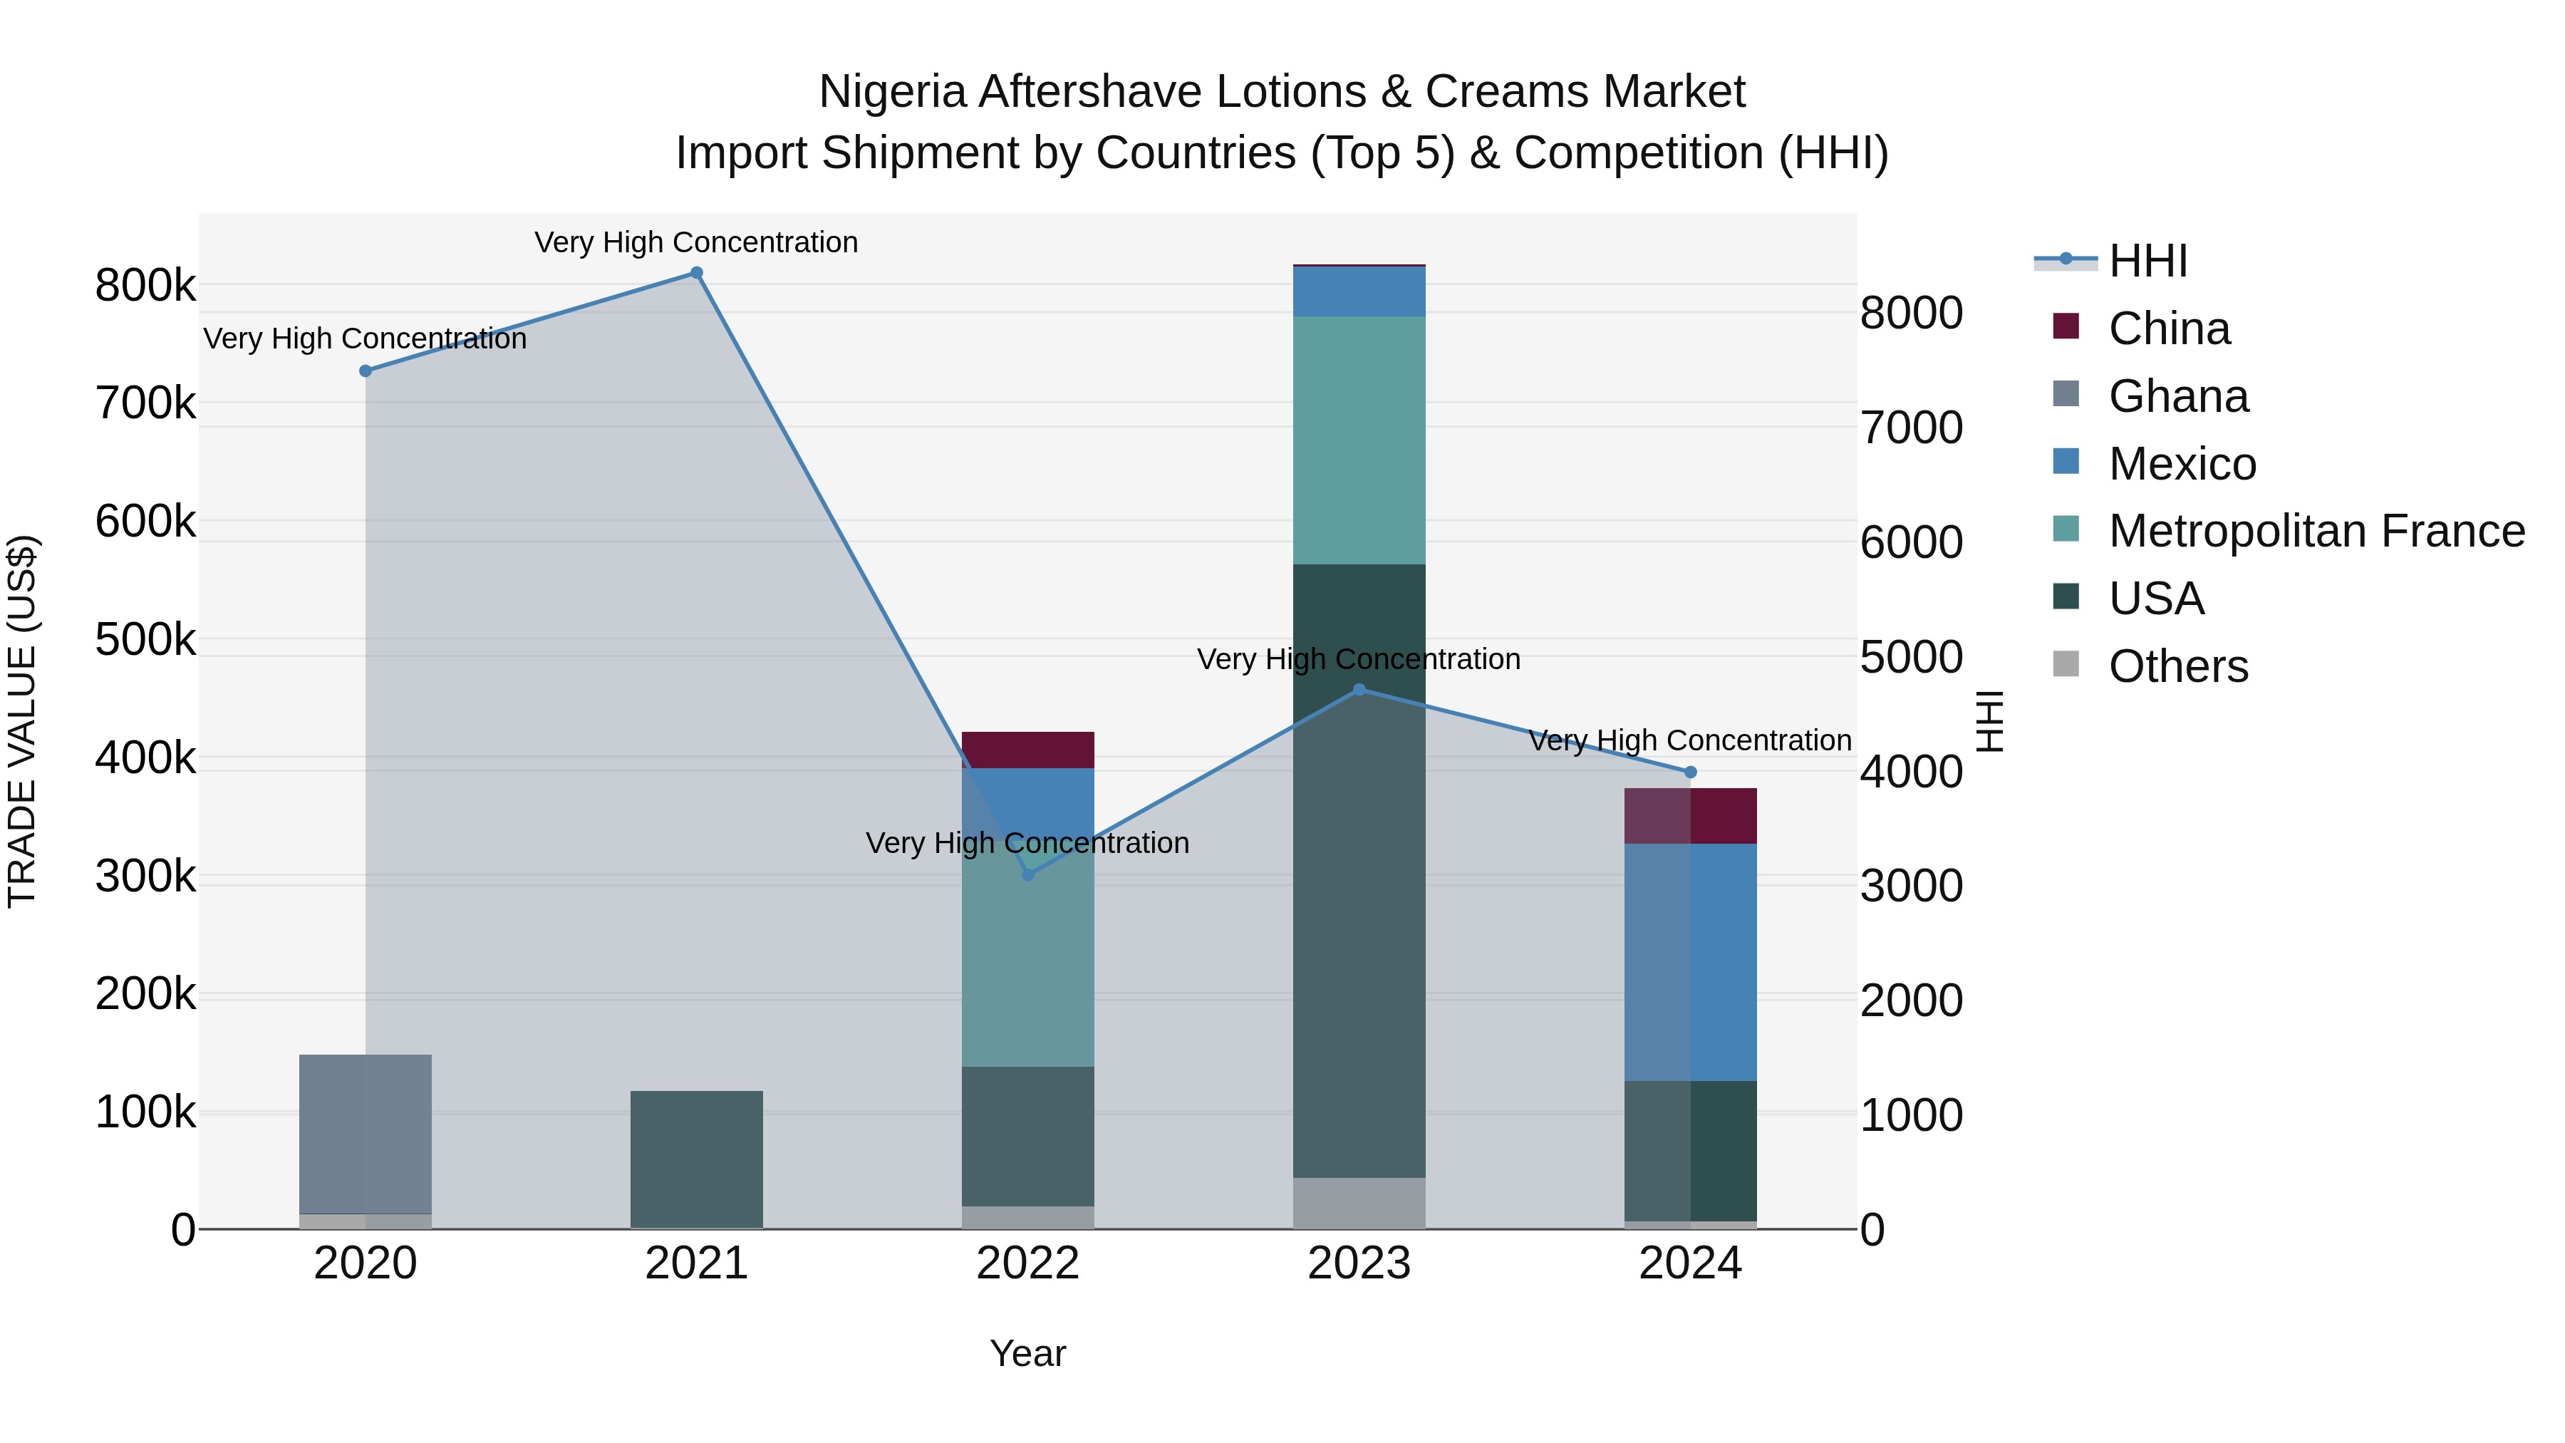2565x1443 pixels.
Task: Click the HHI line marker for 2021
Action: tap(696, 273)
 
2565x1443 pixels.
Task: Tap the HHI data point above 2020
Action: tap(366, 371)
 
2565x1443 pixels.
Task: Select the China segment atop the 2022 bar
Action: tap(1027, 749)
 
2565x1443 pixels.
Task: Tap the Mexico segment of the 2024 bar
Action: tap(1690, 961)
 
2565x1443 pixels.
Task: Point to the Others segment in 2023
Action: tap(1359, 1202)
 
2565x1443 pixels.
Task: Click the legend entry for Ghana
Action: tap(2177, 396)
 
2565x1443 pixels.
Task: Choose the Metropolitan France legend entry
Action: tap(2315, 531)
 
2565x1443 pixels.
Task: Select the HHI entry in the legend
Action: tap(2147, 261)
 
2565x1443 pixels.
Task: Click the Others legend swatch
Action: tap(2066, 666)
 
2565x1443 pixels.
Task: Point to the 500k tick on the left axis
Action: tap(145, 639)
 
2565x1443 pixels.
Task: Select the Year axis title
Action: tap(1027, 1353)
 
